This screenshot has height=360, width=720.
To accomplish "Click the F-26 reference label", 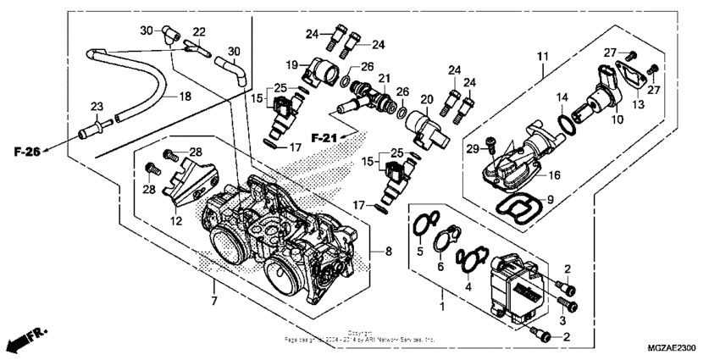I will coord(29,152).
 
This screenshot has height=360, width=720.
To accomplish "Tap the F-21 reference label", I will coord(325,137).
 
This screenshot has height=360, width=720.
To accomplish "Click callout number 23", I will coord(96,106).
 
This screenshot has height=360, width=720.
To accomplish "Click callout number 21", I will coord(385,78).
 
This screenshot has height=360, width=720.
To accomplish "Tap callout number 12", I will coord(177,222).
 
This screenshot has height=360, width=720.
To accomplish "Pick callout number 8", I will coord(389,251).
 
